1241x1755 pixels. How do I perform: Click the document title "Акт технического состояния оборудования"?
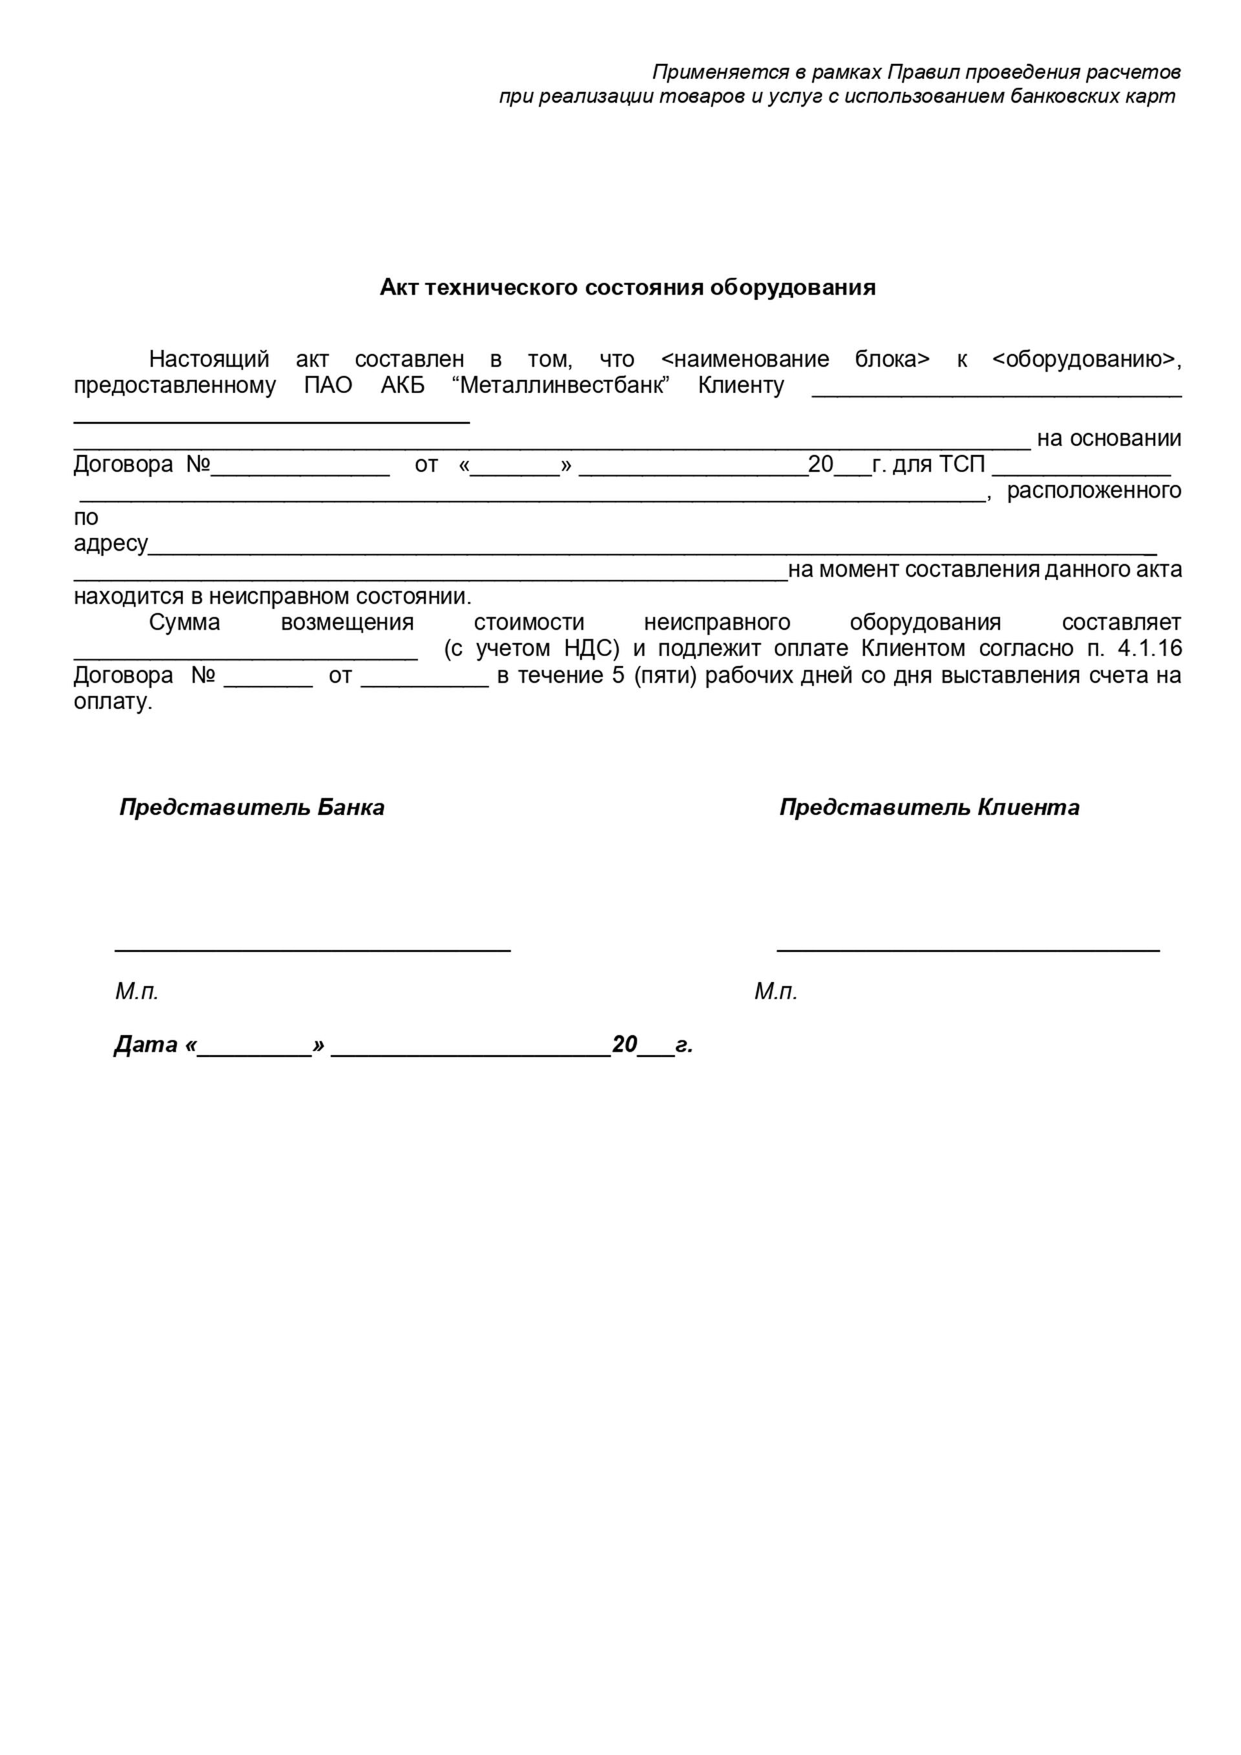[628, 288]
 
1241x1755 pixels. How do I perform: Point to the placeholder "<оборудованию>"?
[1085, 359]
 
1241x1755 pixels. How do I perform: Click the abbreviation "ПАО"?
[328, 385]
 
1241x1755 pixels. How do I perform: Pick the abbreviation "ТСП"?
[961, 464]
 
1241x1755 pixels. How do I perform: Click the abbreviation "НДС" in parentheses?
[591, 648]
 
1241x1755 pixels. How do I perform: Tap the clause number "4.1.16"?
[1149, 648]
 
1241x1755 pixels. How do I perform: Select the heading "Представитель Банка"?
[251, 807]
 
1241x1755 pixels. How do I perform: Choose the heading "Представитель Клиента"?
[929, 807]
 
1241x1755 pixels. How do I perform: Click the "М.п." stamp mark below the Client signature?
[776, 992]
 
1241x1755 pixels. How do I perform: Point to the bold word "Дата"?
[146, 1044]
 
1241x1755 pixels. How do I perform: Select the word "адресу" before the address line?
[110, 544]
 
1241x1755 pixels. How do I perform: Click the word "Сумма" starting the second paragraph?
[184, 622]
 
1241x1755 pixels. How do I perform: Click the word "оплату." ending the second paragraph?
[113, 702]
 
